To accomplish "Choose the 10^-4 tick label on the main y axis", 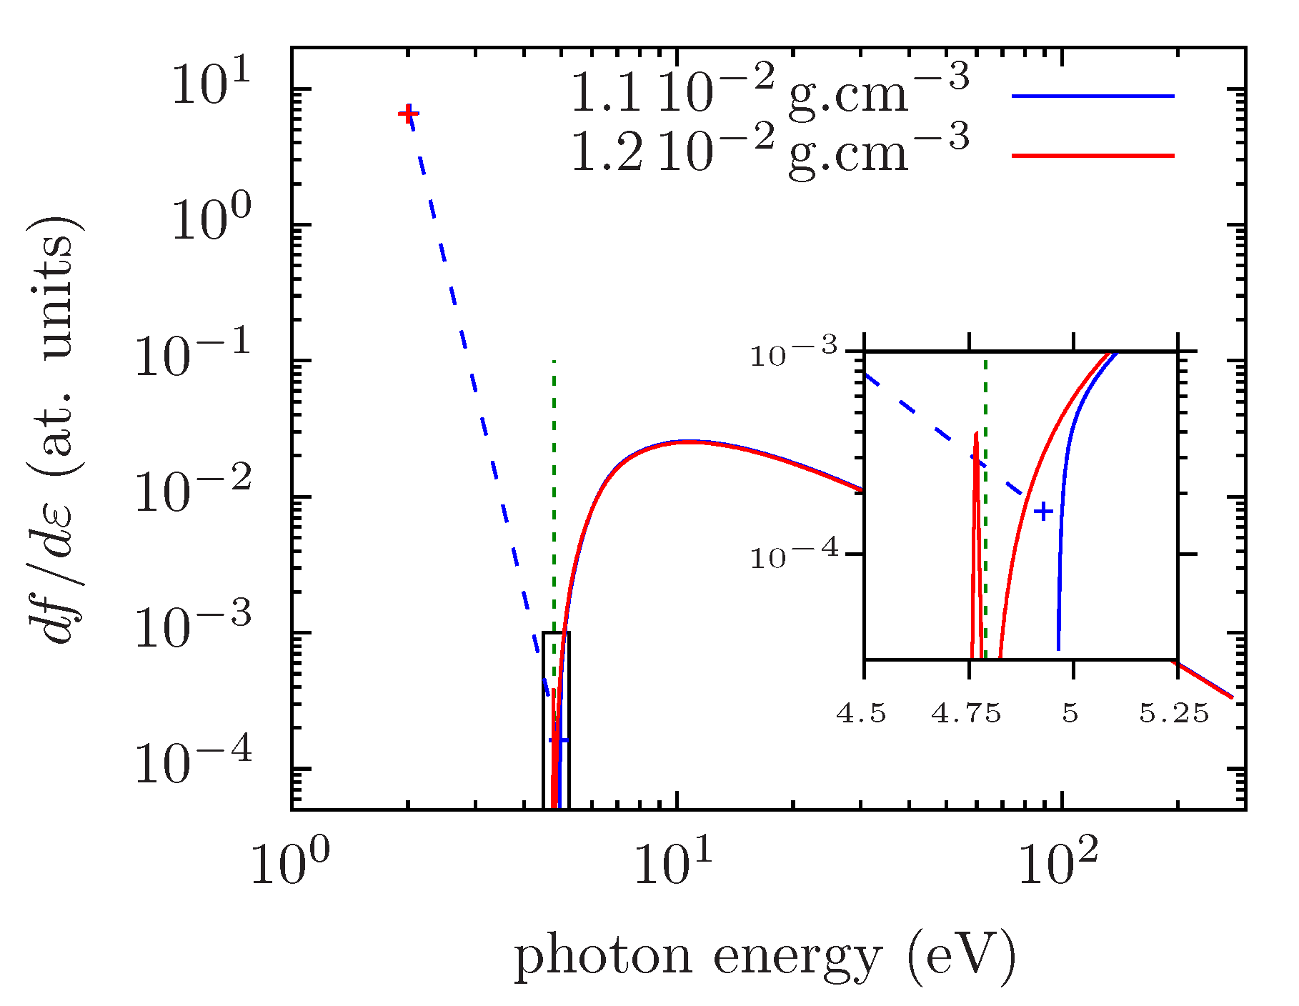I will pyautogui.click(x=194, y=765).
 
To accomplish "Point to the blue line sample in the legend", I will pyautogui.click(x=1093, y=96).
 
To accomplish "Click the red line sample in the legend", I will pyautogui.click(x=1093, y=155).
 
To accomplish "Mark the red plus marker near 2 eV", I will pyautogui.click(x=408, y=114).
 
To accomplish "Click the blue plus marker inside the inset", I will pyautogui.click(x=1044, y=512).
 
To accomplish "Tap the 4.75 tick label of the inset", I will pyautogui.click(x=966, y=713).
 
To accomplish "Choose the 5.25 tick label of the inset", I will pyautogui.click(x=1174, y=713).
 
